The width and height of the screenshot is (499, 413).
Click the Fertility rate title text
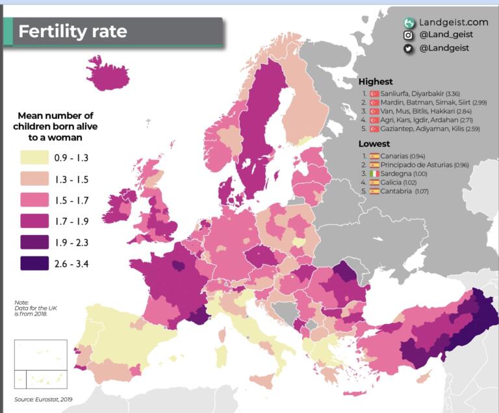click(73, 31)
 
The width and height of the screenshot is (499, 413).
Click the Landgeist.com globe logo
click(409, 23)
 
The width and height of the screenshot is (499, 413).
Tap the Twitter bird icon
click(409, 48)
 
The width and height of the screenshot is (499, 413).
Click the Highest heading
click(376, 82)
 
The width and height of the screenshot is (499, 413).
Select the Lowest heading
click(374, 144)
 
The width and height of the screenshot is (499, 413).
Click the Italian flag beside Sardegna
click(374, 174)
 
